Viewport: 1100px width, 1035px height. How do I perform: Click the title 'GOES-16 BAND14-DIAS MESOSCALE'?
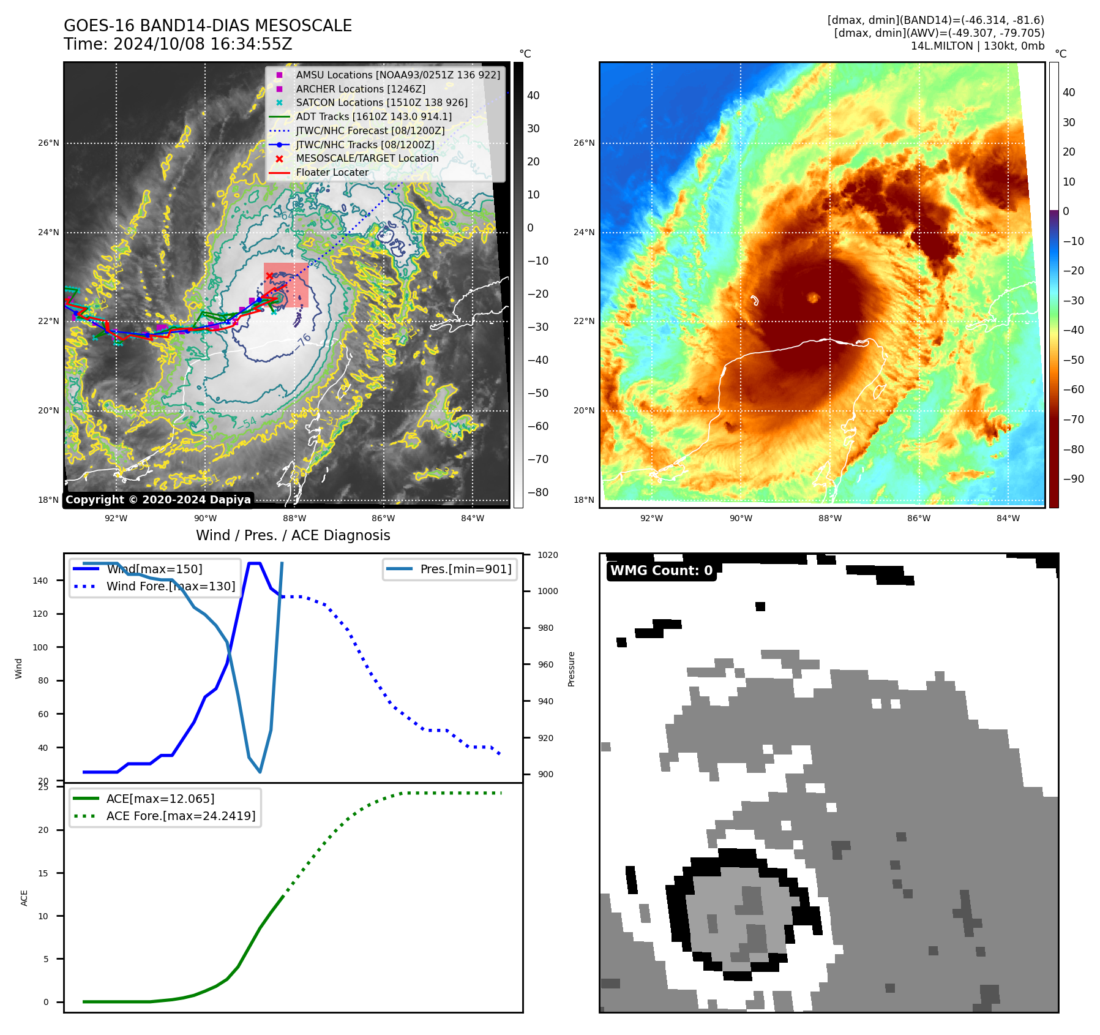click(208, 26)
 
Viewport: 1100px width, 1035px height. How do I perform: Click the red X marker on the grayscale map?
click(269, 276)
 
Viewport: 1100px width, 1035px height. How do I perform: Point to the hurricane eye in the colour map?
click(814, 298)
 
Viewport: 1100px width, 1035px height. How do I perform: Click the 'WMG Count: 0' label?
click(661, 571)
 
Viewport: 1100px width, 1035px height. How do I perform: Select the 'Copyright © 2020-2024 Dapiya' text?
click(158, 500)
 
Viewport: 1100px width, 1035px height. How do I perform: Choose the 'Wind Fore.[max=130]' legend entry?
click(170, 586)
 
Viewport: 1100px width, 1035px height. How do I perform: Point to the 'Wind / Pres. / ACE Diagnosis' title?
click(293, 535)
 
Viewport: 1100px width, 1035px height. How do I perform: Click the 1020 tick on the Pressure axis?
click(548, 555)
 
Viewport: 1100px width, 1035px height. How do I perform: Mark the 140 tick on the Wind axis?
click(40, 581)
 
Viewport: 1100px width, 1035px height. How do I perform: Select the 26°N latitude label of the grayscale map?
click(48, 143)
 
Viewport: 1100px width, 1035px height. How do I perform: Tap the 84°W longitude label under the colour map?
click(1008, 518)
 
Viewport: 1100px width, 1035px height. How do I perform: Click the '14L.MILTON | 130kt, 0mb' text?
click(977, 46)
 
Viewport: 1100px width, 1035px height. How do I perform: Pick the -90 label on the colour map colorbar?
click(1073, 479)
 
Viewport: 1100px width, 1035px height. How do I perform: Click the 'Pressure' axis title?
click(571, 669)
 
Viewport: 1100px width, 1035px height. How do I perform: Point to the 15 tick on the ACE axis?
click(43, 873)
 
